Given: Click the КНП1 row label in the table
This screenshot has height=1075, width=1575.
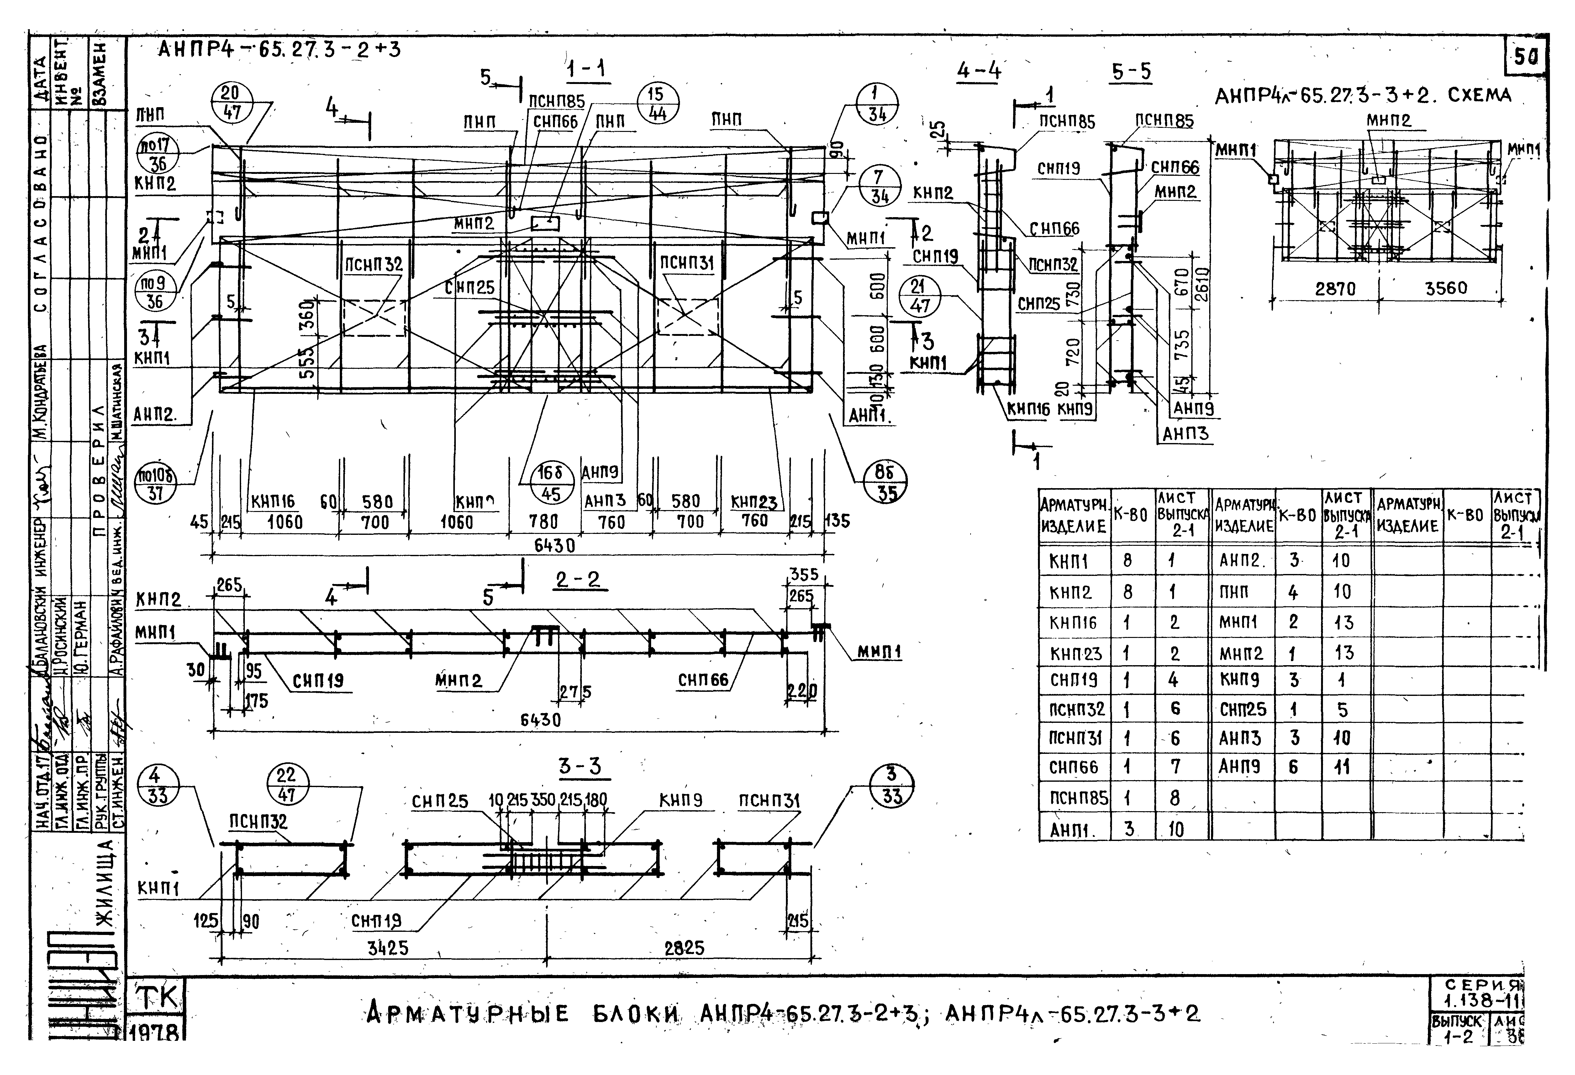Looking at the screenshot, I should tap(1069, 561).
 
